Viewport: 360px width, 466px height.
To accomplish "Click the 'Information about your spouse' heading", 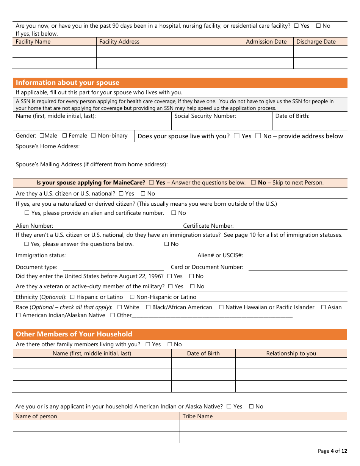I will [67, 83].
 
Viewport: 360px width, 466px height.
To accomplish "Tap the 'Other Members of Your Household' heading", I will [74, 334].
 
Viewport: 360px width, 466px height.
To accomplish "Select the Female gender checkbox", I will [64, 136].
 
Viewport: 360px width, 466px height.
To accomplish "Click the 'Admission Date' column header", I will [266, 42].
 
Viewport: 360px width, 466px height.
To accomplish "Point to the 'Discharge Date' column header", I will [316, 42].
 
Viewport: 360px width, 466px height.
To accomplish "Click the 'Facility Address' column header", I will [119, 42].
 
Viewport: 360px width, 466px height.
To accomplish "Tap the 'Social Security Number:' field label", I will [205, 116].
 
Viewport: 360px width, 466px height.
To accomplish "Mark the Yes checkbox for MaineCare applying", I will [151, 183].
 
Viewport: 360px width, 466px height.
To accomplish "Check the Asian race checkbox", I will [323, 307].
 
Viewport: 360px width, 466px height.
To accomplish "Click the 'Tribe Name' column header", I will [197, 416].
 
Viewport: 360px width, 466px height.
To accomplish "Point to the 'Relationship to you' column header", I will [291, 353].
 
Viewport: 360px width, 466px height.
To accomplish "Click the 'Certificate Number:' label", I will [208, 226].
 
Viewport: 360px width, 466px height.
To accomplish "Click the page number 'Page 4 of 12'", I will [332, 451].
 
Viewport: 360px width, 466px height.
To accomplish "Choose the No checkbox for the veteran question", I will [192, 286].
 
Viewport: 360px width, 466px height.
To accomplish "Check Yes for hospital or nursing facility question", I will [296, 26].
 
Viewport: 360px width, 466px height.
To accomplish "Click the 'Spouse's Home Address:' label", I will [48, 146].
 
